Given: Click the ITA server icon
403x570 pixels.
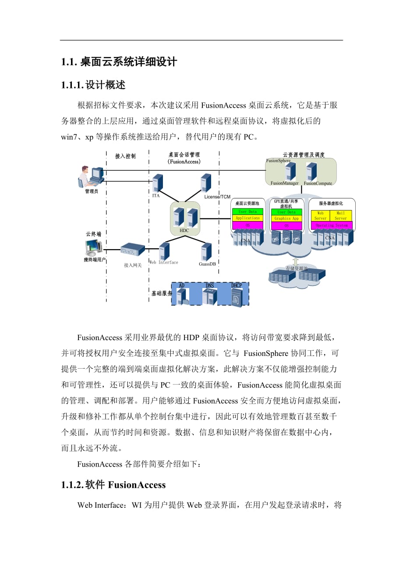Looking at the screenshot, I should [158, 183].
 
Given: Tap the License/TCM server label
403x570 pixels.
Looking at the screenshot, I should [217, 197].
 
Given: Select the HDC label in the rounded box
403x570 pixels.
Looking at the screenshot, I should [184, 230].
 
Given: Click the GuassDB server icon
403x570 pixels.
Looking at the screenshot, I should [206, 253].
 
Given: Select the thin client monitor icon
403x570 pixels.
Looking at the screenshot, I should [93, 248].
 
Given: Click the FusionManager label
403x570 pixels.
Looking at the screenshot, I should [285, 183].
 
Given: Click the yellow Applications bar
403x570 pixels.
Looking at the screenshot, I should [247, 218].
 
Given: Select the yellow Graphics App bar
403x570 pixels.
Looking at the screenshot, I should [286, 218].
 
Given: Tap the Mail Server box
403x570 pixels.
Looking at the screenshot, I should [341, 215].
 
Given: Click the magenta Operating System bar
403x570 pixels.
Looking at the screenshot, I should [332, 225].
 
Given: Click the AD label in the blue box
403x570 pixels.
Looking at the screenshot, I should [182, 285].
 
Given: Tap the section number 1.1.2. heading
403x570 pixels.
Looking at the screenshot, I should [72, 485].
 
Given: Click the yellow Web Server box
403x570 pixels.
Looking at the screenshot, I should [321, 215].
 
